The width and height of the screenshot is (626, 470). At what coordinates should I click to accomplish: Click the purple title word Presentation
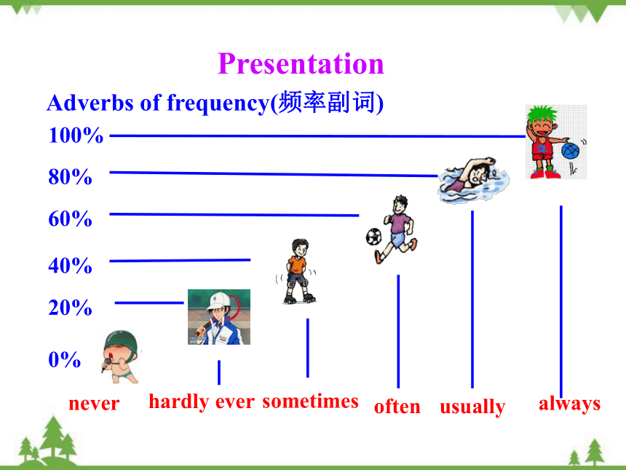point(301,64)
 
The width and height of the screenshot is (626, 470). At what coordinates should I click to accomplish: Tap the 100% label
point(76,135)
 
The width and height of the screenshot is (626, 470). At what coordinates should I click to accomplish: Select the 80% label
point(71,176)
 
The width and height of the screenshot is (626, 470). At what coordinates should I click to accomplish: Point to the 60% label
point(71,219)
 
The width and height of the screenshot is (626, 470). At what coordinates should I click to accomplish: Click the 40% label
point(71,265)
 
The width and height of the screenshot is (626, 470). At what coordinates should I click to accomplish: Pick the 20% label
point(71,308)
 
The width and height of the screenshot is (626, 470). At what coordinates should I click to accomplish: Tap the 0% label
point(65,359)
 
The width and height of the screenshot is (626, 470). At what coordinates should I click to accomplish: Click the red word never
point(94,404)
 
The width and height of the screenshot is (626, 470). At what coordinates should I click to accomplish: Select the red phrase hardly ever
point(202,402)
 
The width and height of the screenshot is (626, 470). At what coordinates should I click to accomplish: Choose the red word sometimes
point(311,402)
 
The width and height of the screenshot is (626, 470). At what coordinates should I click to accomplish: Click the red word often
point(397,407)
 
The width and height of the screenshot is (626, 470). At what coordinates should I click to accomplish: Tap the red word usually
point(472,407)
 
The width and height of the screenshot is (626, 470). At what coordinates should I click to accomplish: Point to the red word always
point(570,404)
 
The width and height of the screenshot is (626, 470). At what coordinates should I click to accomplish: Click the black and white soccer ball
point(373,237)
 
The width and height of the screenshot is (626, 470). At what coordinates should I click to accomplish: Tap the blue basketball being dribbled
point(570,151)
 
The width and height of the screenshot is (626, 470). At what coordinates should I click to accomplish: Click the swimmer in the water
point(473,179)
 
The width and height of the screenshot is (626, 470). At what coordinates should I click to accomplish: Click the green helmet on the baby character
point(121,341)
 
